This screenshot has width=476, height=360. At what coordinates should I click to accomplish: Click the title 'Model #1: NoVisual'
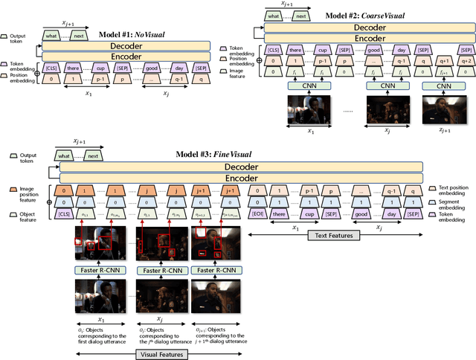coord(132,34)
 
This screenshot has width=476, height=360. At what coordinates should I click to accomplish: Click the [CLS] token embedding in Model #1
coord(53,65)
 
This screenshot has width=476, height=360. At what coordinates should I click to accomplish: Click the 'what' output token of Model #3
coord(65,155)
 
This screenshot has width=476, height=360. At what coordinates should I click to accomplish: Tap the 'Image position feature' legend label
coord(22,192)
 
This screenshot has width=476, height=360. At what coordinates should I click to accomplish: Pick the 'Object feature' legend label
coord(21,214)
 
